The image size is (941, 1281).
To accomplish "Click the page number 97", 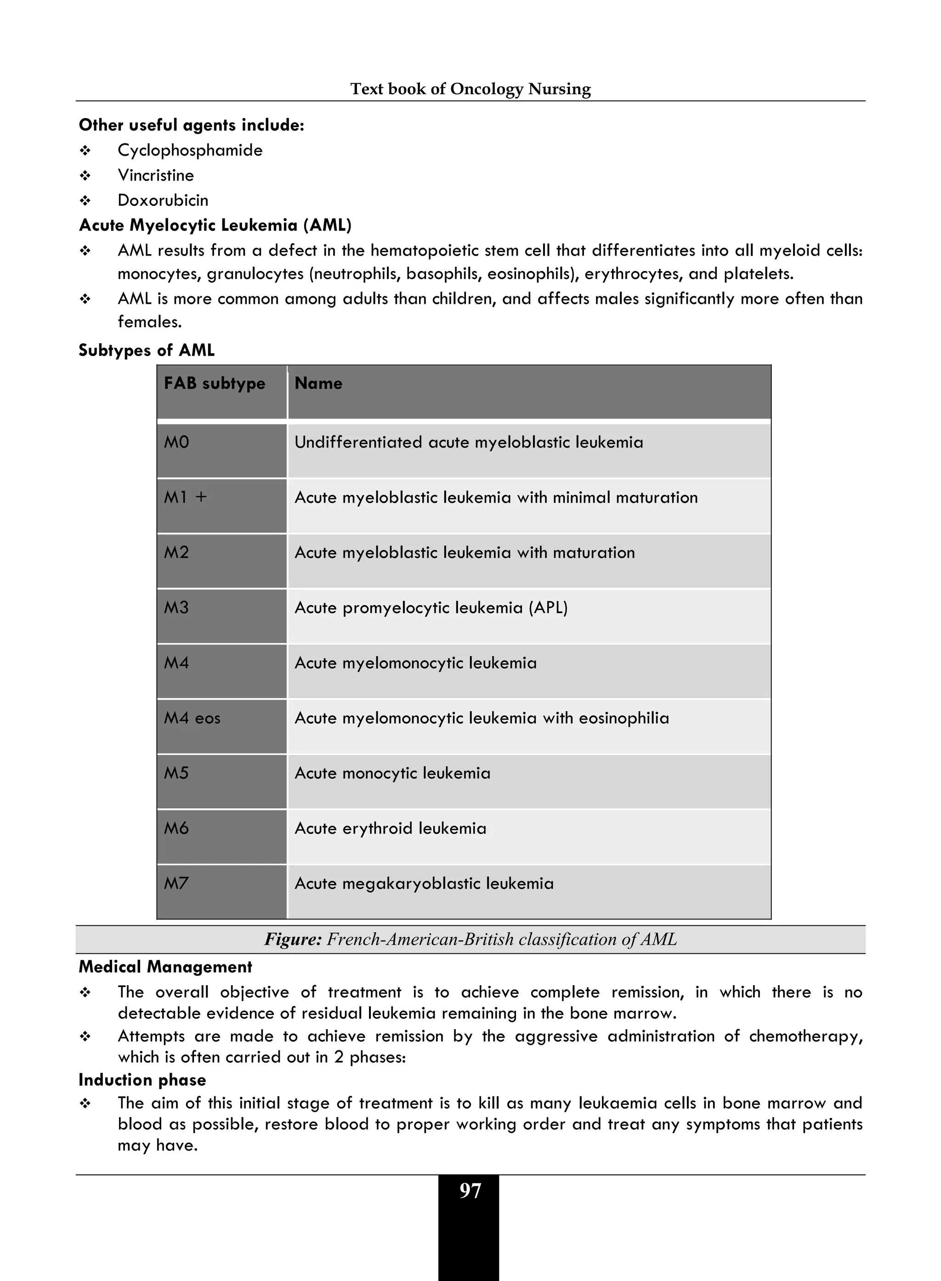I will [470, 1191].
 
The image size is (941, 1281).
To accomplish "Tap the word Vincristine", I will [155, 176].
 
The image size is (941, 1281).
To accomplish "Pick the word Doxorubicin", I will [163, 200].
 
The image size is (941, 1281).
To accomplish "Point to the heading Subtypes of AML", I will [147, 350].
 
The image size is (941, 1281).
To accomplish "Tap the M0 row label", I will [176, 442].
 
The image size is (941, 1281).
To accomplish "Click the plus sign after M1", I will [201, 497].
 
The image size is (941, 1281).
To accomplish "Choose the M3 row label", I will [176, 608].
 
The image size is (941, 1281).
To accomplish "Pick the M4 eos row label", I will [192, 718].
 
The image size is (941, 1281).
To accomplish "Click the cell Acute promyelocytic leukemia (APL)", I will [431, 608].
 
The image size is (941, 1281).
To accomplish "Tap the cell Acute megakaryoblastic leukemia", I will [424, 884].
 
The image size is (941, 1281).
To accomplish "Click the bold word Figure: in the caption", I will [293, 939].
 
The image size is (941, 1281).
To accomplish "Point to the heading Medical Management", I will [165, 967].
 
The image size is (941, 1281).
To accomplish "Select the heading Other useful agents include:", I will [192, 125].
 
